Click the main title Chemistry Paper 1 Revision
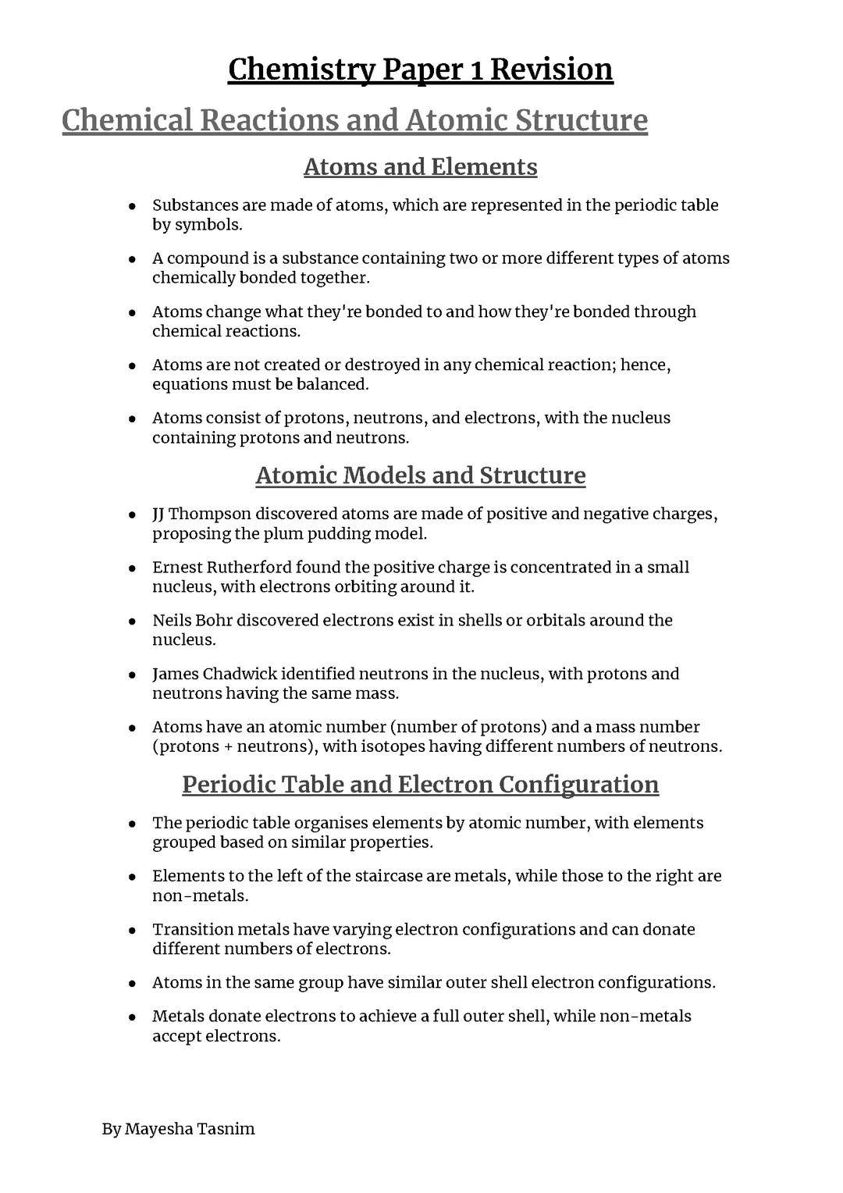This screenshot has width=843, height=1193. tap(420, 69)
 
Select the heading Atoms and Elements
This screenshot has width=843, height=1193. tap(420, 167)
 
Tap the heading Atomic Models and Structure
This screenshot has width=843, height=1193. tap(420, 475)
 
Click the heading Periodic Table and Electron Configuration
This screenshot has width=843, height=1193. tap(420, 784)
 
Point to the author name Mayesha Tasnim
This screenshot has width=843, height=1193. tap(190, 1129)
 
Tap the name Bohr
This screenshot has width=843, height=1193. tap(213, 621)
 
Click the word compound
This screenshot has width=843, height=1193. tap(206, 258)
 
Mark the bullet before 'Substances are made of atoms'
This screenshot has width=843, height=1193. tap(133, 206)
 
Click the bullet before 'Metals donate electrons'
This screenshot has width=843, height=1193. tap(133, 1017)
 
